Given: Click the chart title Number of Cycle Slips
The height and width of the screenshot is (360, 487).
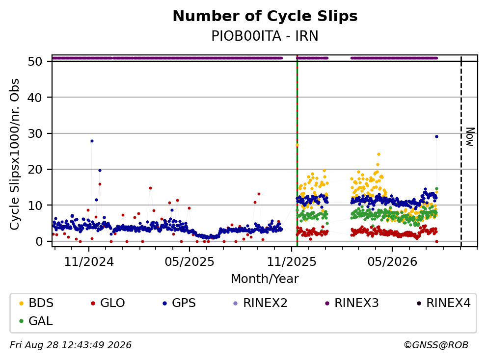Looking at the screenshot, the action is pos(265,16).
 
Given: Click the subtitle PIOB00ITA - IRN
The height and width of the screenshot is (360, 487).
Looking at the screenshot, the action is pos(265,36).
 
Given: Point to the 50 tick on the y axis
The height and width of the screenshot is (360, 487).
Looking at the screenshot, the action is pos(35,61).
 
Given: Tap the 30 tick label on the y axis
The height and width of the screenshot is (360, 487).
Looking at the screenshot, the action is pos(35,133).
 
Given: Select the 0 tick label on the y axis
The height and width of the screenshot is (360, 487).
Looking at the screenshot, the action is pos(39,241).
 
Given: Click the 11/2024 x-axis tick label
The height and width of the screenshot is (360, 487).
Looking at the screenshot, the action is pos(89,262).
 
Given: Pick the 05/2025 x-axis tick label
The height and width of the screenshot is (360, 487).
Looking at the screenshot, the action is pos(189,262).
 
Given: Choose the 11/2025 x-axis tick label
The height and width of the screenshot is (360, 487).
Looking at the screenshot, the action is pos(291,262).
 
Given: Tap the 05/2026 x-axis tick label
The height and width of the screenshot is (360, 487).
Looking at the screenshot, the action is pos(392,262).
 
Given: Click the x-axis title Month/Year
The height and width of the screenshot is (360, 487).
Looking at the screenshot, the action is pos(265,279).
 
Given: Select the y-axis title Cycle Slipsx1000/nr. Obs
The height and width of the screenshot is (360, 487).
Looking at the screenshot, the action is pos(15,154).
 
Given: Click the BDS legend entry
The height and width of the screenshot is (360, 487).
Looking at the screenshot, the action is pos(36,303).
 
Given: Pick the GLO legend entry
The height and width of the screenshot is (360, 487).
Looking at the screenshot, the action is pos(108,303).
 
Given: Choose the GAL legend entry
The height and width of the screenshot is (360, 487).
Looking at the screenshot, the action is pos(36,321).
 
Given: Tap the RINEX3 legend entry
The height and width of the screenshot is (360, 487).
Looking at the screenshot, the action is pos(352,303).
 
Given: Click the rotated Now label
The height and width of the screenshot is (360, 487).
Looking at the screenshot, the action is pos(470,137).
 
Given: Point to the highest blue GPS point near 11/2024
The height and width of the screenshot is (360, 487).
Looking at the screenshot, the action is pos(92,141).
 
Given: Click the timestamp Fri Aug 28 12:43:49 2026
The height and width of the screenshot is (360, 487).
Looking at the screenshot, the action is pos(71,345).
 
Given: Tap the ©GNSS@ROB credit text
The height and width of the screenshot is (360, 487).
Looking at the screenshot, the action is pos(436,345).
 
